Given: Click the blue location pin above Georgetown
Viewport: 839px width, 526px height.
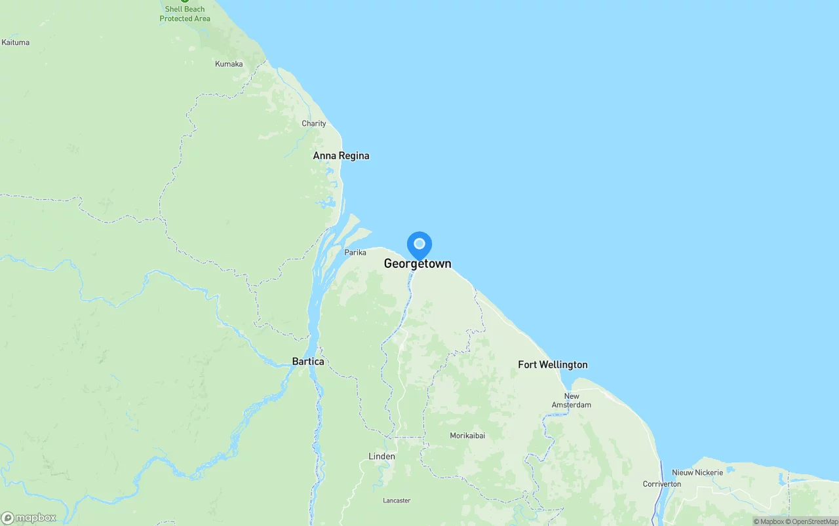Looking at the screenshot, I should pos(419,245).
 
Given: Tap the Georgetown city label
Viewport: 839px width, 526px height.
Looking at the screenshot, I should pos(418,264).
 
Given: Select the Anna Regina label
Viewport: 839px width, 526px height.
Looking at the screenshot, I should pos(341,156).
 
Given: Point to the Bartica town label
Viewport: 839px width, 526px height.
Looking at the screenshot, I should pos(308,362).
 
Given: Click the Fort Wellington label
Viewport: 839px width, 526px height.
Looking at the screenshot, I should pos(553,365).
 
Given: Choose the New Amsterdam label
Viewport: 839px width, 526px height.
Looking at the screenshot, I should pos(572,400).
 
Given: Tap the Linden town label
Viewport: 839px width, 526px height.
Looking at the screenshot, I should pos(381,457).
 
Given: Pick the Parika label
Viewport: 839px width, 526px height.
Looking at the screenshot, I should pos(355,252).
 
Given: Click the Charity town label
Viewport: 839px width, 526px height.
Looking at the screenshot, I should pos(314,124).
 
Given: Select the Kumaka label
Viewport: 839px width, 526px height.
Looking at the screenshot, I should pos(229,64).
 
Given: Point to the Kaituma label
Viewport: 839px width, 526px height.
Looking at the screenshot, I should pos(16,43).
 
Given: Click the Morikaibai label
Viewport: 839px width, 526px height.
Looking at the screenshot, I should pos(467,436).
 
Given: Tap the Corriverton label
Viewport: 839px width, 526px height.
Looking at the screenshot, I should pos(661,484).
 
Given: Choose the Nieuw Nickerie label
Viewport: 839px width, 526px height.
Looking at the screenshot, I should pos(697,472).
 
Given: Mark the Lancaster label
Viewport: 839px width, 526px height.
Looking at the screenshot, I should pos(397,500).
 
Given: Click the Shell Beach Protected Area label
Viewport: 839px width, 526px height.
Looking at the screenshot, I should pos(185,14).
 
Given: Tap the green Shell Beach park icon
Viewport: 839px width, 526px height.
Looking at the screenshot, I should pos(185,1).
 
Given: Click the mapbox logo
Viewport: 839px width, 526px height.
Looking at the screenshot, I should pos(29,517).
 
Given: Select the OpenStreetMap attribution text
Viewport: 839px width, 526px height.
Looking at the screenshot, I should pos(815,521).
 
